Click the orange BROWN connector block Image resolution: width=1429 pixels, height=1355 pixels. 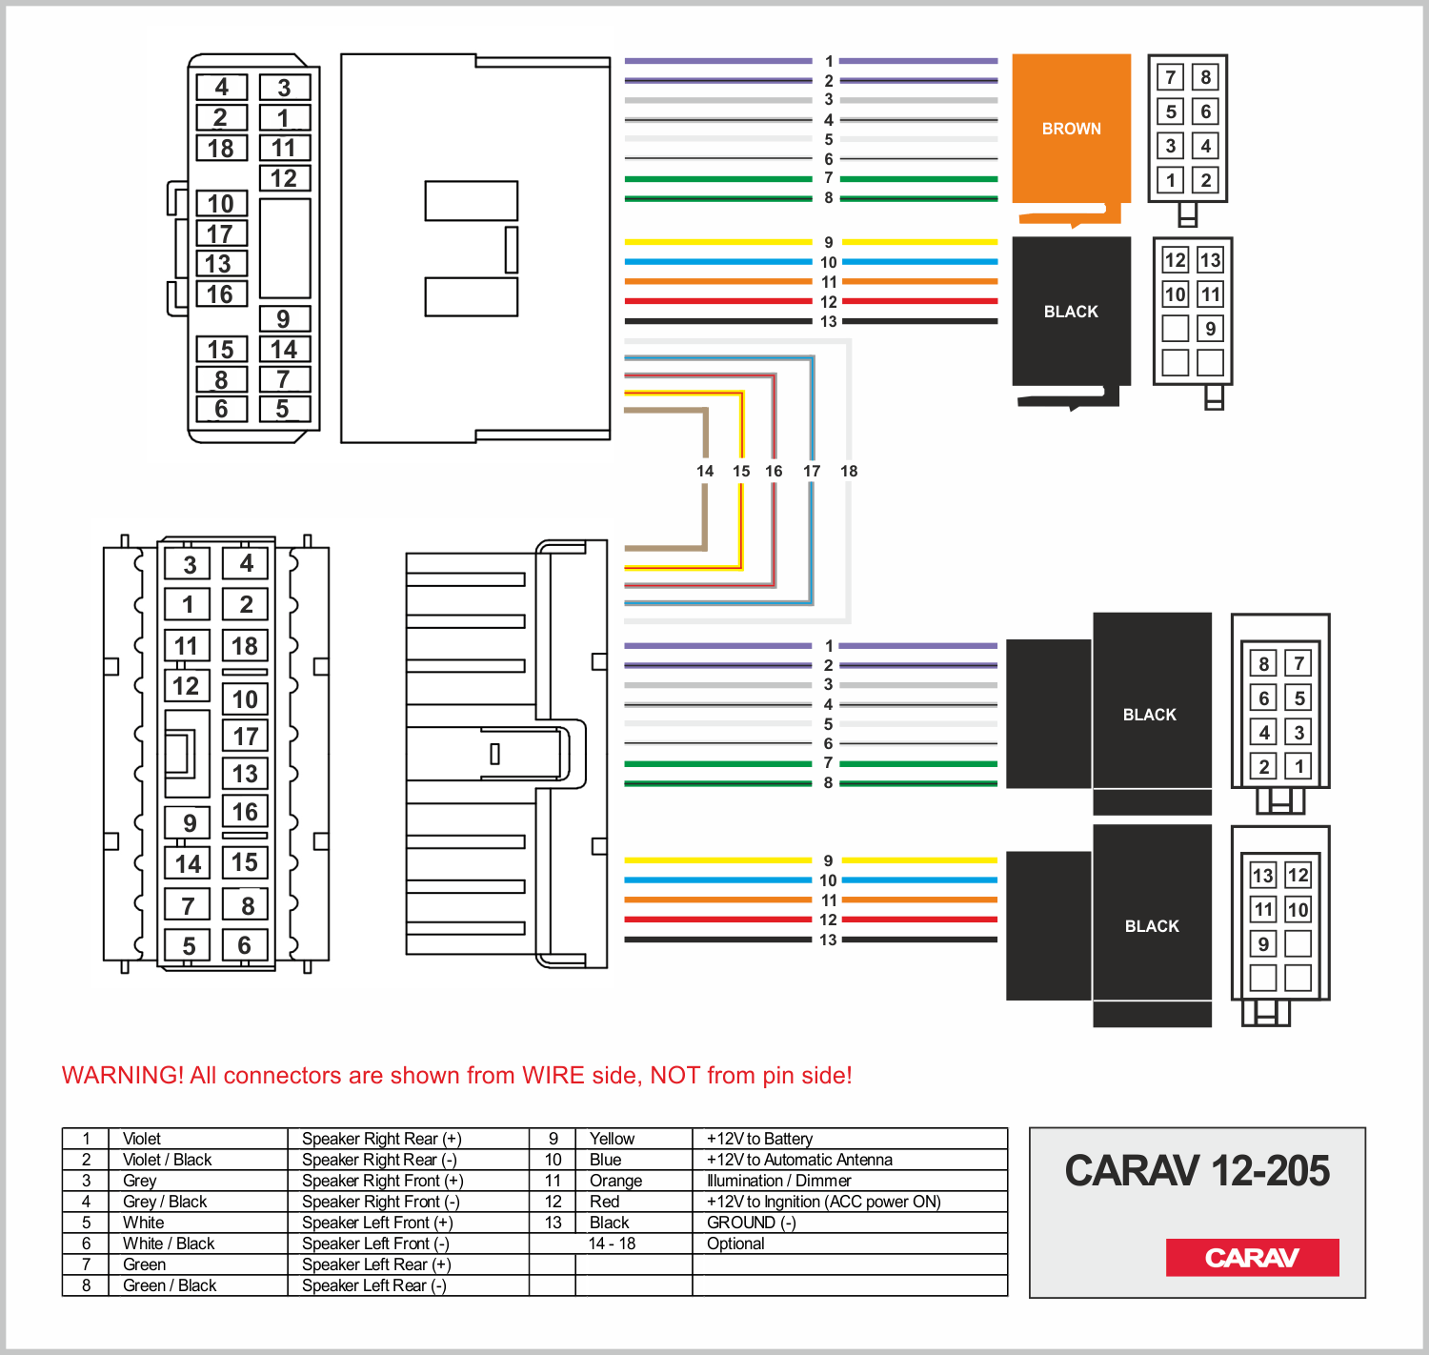click(1071, 129)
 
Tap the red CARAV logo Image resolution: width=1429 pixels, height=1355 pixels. click(1252, 1258)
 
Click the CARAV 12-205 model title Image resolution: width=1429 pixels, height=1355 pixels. click(1197, 1171)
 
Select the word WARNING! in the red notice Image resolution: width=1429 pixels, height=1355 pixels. click(122, 1076)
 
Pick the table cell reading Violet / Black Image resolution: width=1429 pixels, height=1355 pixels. click(168, 1160)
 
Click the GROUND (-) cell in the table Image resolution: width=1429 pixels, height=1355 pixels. click(751, 1223)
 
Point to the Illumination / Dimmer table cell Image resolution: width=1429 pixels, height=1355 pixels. click(778, 1181)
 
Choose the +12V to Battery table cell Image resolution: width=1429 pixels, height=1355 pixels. click(759, 1139)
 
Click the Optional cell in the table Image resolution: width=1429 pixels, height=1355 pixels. click(735, 1244)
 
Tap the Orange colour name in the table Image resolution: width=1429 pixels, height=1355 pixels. click(615, 1181)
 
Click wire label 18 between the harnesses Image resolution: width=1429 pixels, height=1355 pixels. click(849, 471)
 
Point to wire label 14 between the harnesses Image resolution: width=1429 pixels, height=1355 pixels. click(705, 471)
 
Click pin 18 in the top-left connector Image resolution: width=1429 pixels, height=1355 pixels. click(221, 149)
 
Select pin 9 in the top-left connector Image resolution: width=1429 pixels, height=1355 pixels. click(283, 319)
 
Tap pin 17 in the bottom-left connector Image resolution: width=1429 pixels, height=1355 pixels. click(246, 737)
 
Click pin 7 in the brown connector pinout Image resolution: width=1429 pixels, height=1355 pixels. click(1171, 77)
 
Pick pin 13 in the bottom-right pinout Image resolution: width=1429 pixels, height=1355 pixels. click(1263, 876)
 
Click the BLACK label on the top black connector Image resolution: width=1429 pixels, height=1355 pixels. click(1071, 312)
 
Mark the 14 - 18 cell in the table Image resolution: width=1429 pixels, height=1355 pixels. click(612, 1244)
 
